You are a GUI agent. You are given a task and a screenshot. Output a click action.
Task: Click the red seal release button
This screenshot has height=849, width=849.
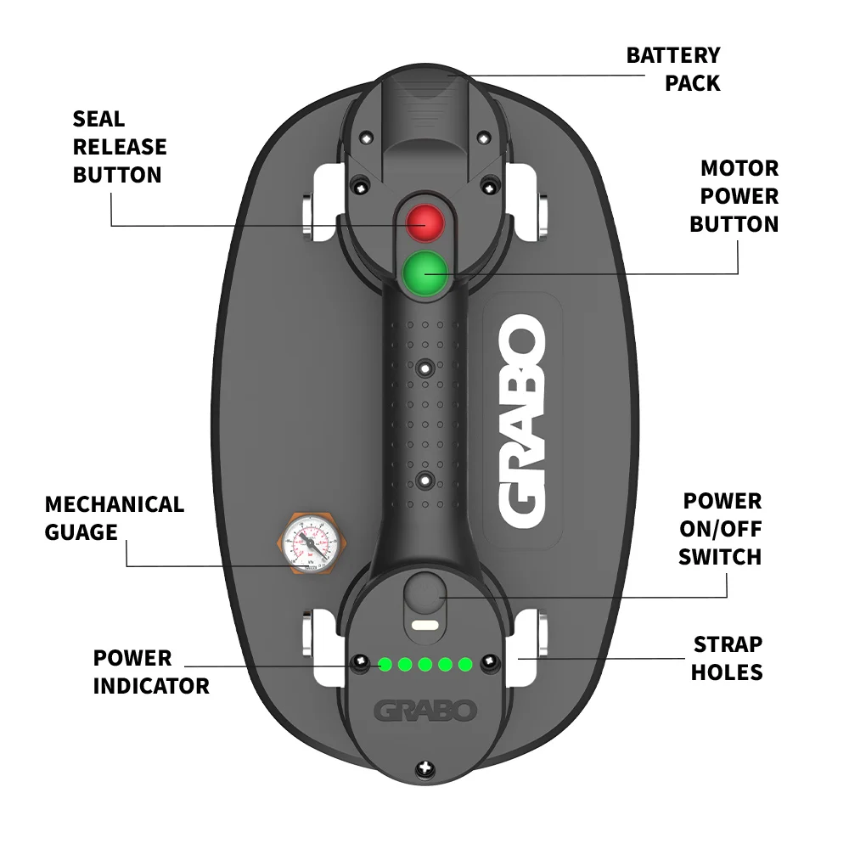tap(424, 222)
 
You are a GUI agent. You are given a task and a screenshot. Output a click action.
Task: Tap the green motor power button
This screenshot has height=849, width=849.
tap(424, 273)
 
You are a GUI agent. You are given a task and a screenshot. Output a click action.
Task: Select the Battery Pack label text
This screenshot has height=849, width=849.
tap(673, 69)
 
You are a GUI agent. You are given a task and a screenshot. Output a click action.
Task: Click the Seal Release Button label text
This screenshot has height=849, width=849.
tap(119, 147)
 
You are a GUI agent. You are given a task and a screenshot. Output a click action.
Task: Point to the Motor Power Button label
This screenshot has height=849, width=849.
tap(734, 196)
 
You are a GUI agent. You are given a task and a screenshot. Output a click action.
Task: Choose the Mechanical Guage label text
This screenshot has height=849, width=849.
tap(114, 518)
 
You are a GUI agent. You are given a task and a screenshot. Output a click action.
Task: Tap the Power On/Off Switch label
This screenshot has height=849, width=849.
tap(721, 529)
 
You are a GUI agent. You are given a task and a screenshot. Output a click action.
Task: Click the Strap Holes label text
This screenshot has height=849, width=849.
tap(727, 658)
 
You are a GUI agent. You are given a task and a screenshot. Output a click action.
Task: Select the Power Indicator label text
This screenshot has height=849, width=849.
tap(150, 672)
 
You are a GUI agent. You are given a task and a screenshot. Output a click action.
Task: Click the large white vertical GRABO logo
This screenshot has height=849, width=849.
tap(520, 421)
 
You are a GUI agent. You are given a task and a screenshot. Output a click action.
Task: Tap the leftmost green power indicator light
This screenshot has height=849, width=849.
tap(385, 664)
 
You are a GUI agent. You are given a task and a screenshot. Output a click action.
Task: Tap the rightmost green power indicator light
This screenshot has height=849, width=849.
tap(464, 664)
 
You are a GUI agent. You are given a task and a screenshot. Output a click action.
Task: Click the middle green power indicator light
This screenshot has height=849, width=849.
tap(424, 664)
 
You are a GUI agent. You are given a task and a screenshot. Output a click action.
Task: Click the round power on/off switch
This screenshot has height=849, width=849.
tap(424, 591)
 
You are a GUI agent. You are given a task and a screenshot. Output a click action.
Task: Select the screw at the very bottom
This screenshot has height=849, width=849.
tap(424, 770)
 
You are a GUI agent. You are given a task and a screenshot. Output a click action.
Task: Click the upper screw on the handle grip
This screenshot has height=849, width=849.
tap(424, 368)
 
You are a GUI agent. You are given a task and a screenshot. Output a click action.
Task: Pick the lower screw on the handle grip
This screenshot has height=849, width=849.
tap(424, 481)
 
